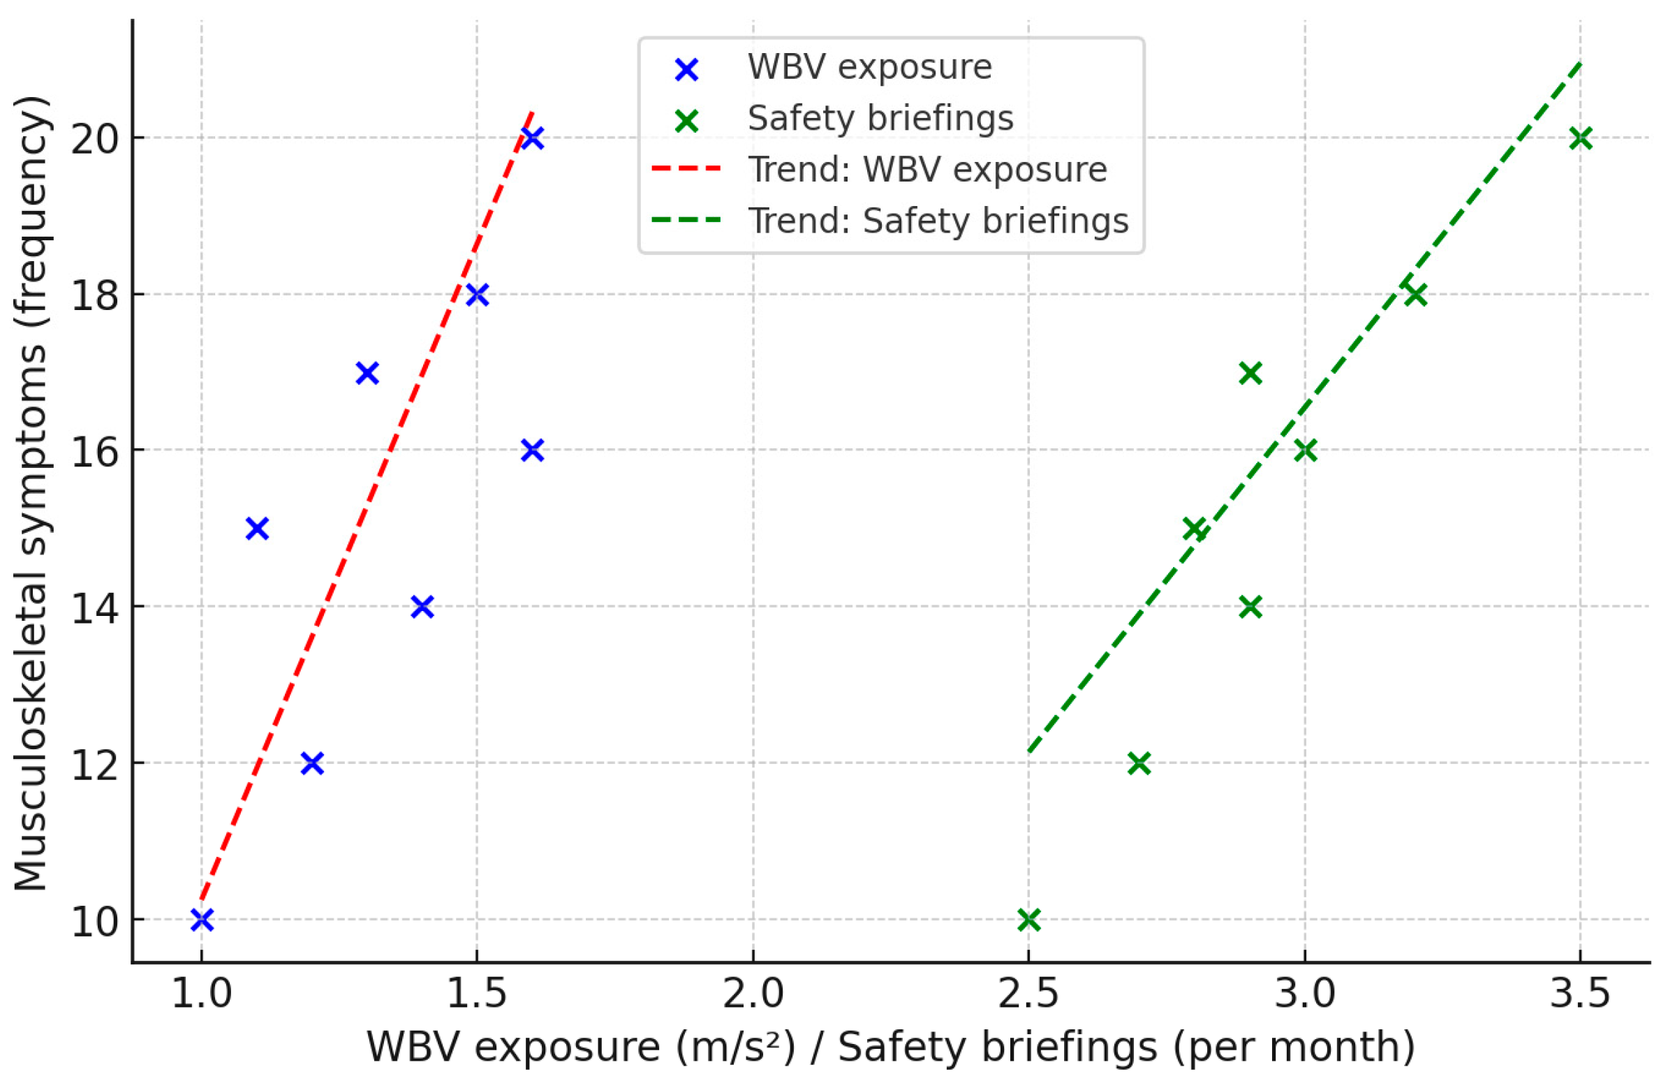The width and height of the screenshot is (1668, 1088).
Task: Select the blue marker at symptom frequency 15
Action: coord(257,529)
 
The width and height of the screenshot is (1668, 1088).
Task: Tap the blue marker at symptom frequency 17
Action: coord(367,373)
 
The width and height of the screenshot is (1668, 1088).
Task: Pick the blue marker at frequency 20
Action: coord(533,138)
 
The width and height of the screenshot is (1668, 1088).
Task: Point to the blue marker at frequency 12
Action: coord(312,763)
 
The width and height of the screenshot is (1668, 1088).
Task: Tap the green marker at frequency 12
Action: coord(1139,763)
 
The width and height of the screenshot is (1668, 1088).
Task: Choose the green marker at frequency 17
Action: coord(1250,373)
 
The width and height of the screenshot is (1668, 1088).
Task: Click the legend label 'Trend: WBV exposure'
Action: coord(928,170)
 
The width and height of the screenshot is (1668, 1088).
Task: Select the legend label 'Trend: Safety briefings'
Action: coord(938,221)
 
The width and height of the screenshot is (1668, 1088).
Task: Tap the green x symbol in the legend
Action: coord(687,120)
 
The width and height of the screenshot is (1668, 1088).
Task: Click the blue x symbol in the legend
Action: coord(687,68)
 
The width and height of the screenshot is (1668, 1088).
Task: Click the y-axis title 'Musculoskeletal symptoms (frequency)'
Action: coord(31,491)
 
